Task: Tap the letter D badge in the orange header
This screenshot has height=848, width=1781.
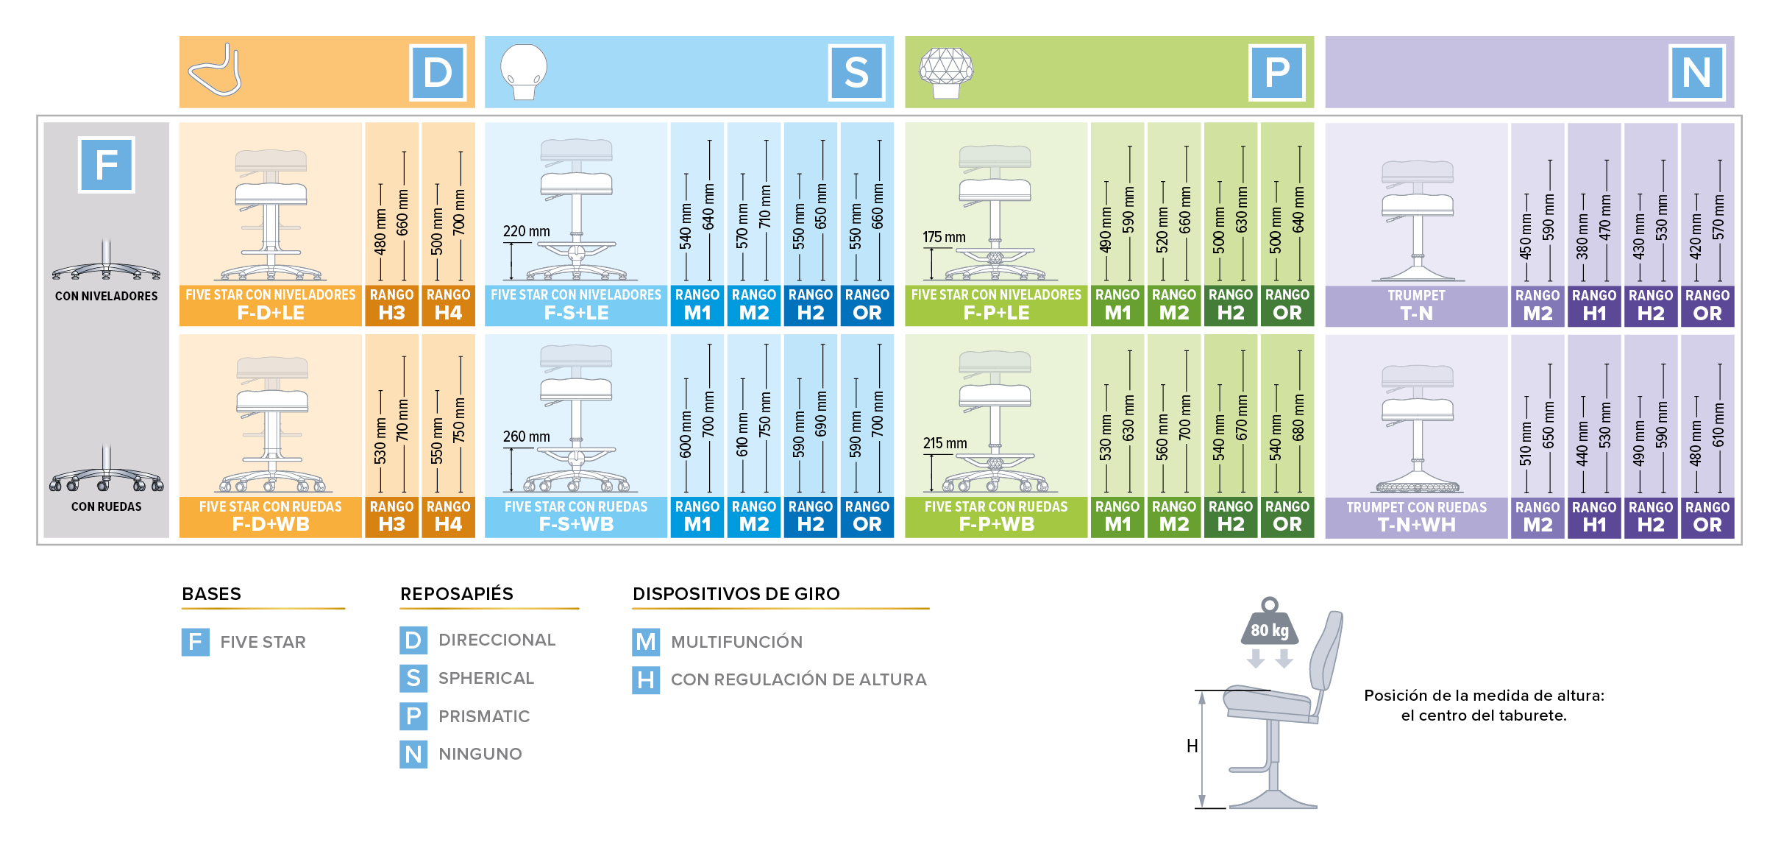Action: pos(438,73)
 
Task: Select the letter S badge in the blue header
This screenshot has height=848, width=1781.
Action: pos(856,73)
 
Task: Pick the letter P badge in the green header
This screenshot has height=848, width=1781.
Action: pos(1276,73)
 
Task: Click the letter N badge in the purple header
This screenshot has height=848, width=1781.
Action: pos(1696,73)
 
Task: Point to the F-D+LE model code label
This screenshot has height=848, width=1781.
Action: pos(271,313)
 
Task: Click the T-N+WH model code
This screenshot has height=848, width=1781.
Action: pos(1416,525)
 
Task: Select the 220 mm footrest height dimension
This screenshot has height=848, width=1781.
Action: pos(526,231)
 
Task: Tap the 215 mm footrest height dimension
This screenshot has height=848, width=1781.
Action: pos(945,443)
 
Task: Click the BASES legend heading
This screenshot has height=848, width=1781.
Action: pos(211,594)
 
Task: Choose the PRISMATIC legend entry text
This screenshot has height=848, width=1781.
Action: pos(484,716)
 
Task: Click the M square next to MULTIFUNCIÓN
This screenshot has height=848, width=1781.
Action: pos(645,642)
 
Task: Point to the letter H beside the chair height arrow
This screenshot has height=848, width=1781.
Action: pos(1192,746)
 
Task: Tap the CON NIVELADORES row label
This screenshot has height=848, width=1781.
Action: pos(107,296)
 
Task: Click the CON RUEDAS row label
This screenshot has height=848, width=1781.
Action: pos(107,506)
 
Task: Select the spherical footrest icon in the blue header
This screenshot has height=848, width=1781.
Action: pos(524,71)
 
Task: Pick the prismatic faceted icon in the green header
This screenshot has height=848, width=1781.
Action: pos(946,71)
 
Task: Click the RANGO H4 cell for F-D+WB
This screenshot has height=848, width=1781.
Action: pos(448,515)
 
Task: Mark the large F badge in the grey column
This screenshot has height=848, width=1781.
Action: pos(107,165)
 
